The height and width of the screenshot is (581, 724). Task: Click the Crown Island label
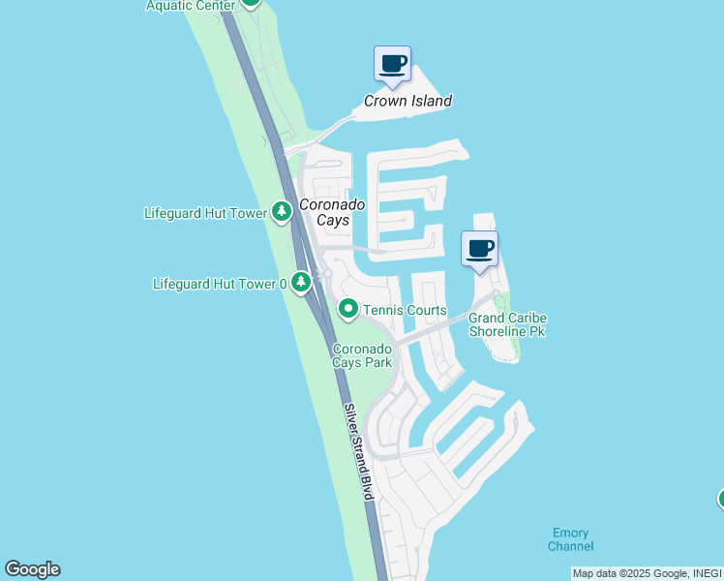tap(407, 101)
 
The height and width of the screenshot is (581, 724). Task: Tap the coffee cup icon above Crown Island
tap(392, 64)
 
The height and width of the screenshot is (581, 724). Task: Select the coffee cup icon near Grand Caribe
tap(479, 249)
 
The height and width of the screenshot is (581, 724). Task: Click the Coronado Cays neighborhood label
tap(332, 212)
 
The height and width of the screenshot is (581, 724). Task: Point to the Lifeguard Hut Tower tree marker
tap(282, 211)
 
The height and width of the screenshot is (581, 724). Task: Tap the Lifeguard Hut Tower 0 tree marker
tap(302, 283)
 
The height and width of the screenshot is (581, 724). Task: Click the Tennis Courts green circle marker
tap(348, 309)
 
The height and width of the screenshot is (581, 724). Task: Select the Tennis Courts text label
tap(405, 310)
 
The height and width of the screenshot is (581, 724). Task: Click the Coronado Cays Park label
tap(363, 355)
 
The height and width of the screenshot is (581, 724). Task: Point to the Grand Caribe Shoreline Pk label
tap(508, 324)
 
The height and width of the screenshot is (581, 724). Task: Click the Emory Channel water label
tap(571, 539)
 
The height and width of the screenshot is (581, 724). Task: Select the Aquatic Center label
tap(191, 6)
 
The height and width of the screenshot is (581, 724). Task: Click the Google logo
tap(32, 569)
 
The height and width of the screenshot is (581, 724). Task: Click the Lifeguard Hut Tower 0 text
tap(221, 284)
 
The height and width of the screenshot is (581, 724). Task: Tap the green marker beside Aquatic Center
tap(251, 3)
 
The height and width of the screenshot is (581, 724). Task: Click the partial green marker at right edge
tap(721, 499)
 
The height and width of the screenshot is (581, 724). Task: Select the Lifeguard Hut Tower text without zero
tap(204, 212)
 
